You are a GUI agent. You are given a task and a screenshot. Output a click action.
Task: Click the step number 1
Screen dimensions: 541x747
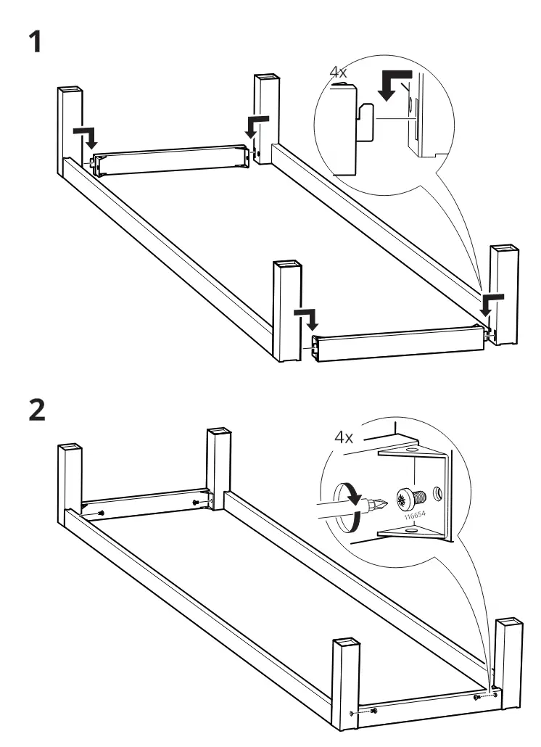pos(35,41)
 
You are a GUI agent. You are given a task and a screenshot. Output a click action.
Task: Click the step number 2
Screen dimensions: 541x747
pos(37,410)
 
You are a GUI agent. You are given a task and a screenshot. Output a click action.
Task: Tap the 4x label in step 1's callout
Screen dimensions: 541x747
pos(338,73)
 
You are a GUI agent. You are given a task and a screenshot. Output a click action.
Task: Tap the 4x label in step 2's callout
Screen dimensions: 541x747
pos(343,437)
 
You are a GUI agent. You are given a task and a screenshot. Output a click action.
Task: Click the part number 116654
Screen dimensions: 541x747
pos(414,516)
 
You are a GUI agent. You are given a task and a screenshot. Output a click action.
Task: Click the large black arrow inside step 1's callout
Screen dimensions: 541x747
pos(394,84)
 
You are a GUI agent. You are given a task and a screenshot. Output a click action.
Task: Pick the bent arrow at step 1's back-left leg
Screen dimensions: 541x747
pos(87,137)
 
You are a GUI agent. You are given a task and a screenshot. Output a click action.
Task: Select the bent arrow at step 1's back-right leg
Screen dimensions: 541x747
pos(256,125)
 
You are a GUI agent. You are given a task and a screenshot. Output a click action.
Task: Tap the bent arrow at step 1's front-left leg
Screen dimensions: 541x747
pos(307,318)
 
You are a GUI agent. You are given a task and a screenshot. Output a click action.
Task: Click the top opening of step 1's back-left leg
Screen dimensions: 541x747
pos(70,89)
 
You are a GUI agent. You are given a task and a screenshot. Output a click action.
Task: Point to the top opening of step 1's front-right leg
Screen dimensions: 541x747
pos(504,249)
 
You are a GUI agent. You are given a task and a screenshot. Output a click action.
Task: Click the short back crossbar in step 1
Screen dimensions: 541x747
pos(172,160)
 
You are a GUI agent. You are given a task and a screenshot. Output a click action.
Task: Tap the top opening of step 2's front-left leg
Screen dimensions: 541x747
pos(346,641)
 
